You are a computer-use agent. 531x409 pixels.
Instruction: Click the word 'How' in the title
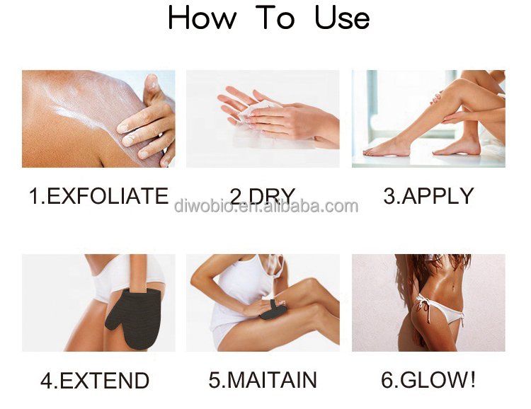202,18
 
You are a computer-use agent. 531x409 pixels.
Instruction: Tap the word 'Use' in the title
342,18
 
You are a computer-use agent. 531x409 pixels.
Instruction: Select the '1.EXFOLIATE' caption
98,196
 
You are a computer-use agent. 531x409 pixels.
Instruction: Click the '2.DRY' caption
263,196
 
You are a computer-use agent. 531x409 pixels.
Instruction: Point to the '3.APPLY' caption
428,196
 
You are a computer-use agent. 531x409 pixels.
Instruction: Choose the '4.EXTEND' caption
95,380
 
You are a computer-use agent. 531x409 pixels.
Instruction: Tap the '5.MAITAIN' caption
263,379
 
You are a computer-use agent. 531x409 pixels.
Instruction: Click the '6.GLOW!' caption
428,379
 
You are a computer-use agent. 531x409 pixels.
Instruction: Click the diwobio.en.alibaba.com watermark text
265,206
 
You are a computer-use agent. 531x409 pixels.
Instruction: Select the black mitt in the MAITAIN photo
273,310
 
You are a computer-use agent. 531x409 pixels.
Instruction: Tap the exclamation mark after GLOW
472,379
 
